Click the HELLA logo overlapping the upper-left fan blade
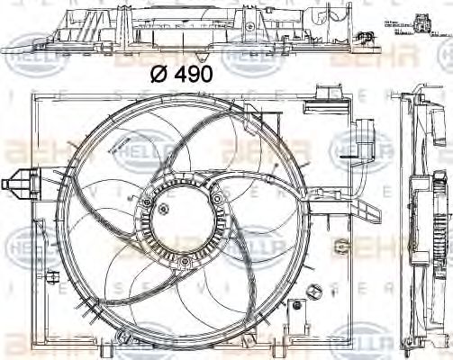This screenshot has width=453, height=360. [135, 149]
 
